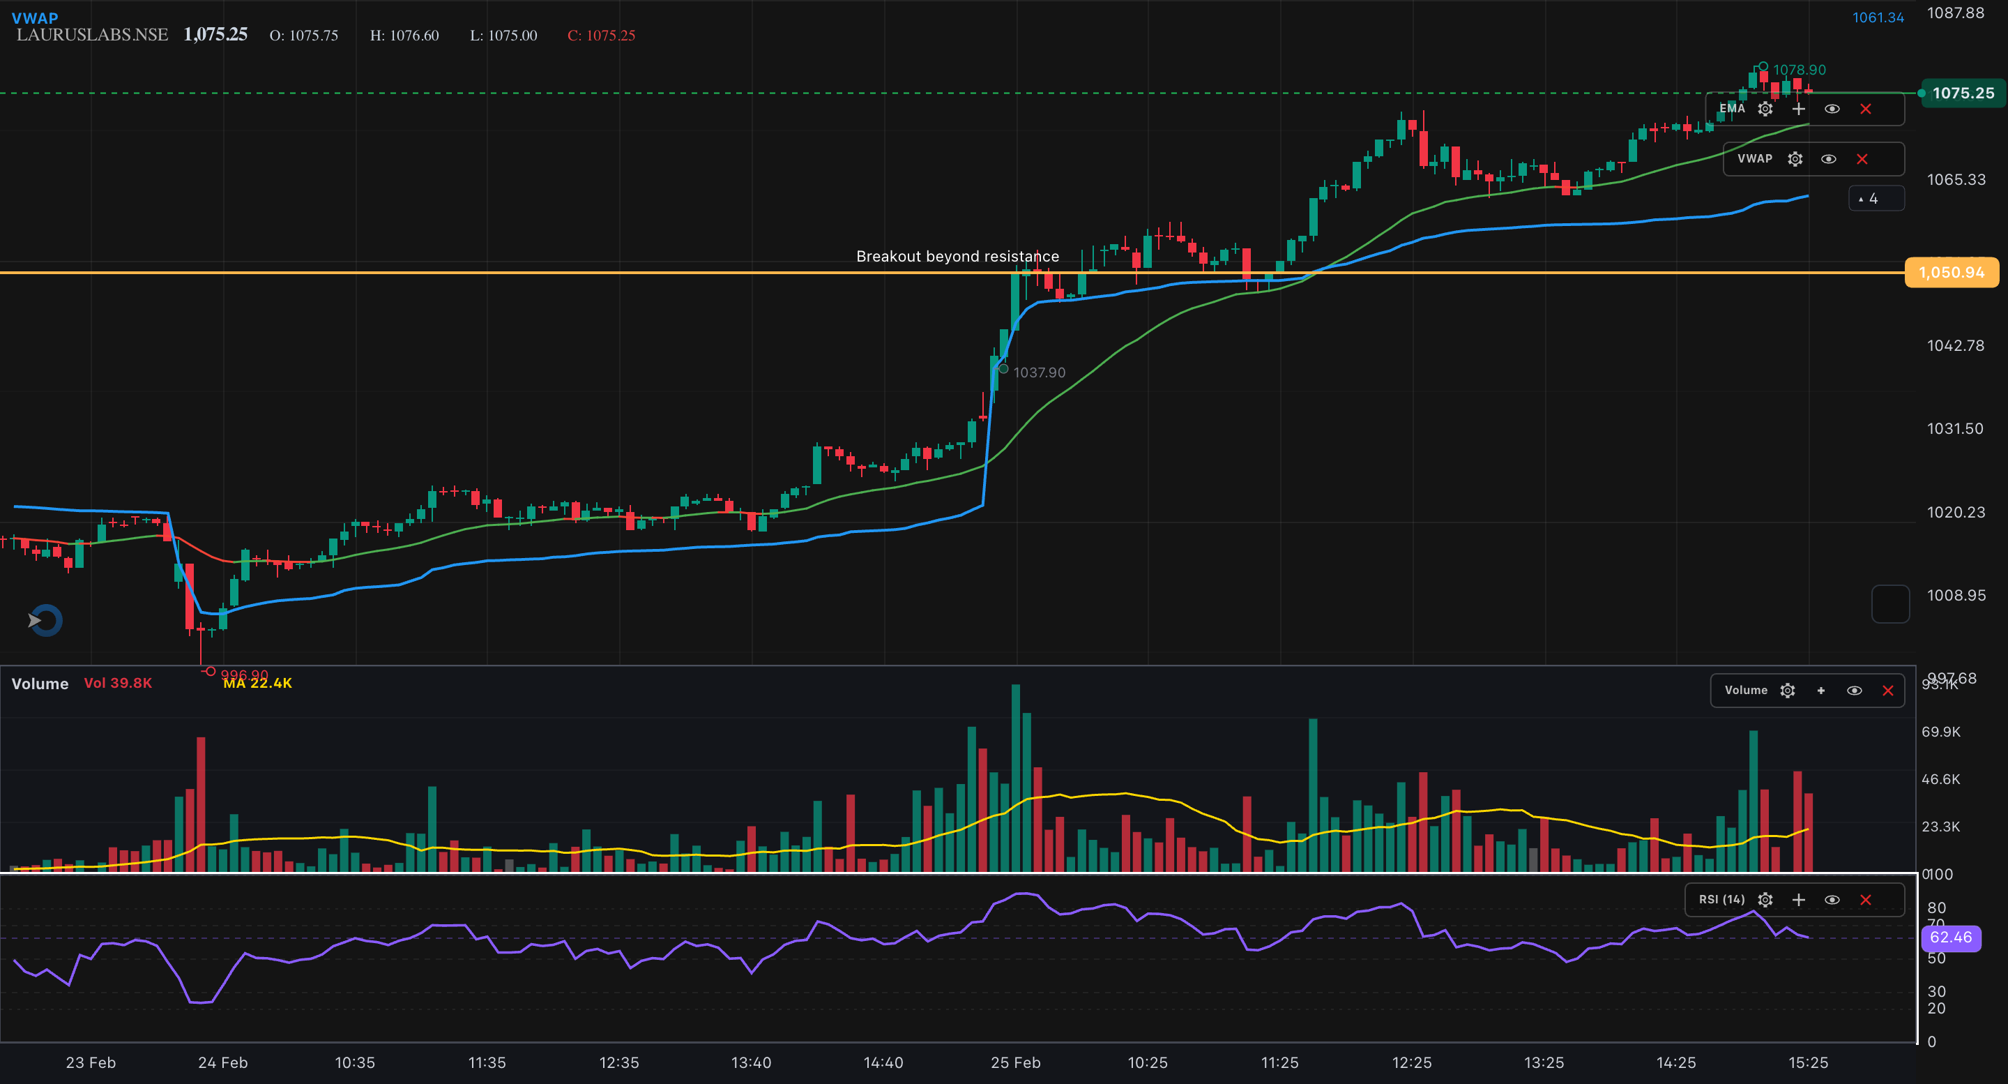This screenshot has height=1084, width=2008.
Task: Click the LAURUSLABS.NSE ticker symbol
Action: coord(92,35)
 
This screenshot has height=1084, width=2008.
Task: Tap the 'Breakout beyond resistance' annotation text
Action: coord(957,257)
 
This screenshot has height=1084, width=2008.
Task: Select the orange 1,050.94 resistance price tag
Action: coord(1951,272)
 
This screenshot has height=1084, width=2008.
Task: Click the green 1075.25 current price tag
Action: coord(1962,93)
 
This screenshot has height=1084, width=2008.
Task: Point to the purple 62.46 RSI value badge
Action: coord(1950,938)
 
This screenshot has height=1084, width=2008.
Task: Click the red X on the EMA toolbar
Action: coord(1865,110)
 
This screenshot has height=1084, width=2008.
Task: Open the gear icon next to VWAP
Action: coord(1795,159)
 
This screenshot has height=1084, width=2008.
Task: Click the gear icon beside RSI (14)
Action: coord(1765,900)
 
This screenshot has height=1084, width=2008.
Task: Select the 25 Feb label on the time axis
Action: coord(1015,1063)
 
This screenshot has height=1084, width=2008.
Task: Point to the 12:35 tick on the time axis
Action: coord(619,1063)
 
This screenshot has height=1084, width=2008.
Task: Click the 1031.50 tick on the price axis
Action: coord(1955,429)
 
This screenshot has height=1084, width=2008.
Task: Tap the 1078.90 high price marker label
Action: coord(1799,70)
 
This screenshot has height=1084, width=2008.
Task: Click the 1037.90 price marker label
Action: coord(1039,372)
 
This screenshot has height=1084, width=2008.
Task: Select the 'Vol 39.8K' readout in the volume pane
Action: coord(118,683)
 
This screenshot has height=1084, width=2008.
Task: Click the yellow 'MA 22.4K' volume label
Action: coord(257,684)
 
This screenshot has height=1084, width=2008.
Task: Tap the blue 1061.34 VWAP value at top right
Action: coord(1878,18)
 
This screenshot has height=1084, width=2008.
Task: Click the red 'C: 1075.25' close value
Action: coord(601,36)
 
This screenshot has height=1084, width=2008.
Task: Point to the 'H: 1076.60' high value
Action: coord(404,36)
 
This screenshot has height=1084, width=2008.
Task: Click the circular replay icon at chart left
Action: coord(45,621)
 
